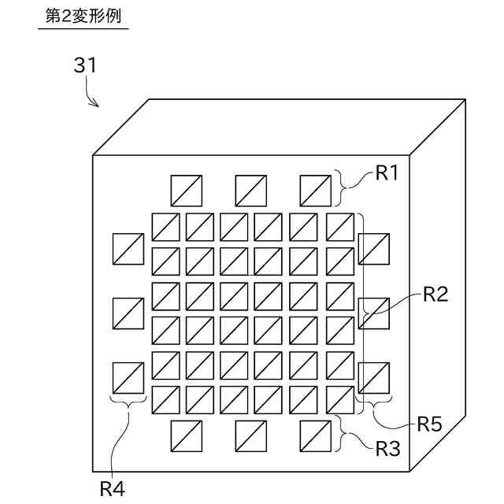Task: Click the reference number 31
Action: [85, 65]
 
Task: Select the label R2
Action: [435, 295]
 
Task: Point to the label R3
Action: [387, 450]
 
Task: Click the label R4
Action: [111, 488]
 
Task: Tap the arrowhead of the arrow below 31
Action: [96, 105]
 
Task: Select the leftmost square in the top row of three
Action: [186, 191]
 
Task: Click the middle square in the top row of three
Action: [251, 191]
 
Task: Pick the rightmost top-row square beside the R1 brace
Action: [316, 191]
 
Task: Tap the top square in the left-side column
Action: [128, 249]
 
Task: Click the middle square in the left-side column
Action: [128, 313]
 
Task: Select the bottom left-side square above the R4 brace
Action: [128, 377]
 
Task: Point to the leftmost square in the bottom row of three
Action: [186, 435]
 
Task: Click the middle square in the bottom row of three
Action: [251, 435]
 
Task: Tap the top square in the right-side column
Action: [373, 249]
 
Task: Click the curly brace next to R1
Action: [347, 187]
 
